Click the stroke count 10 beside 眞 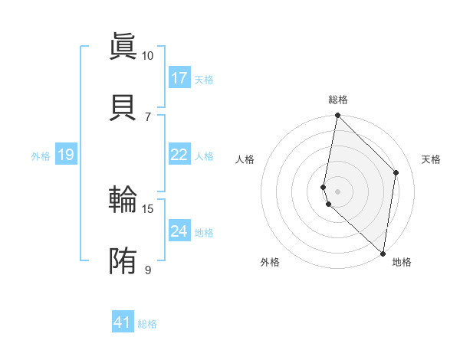tap(147, 56)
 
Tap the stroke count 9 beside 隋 tap(147, 270)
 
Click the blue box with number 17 tap(179, 78)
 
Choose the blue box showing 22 tap(179, 155)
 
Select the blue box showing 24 tap(179, 231)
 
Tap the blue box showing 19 tap(66, 155)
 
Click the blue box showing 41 tap(123, 322)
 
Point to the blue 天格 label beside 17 tap(204, 80)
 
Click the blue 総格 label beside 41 tap(147, 324)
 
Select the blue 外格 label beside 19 tap(41, 156)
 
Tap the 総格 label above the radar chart tap(338, 100)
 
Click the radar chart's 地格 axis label tap(402, 262)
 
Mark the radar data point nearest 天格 tap(396, 172)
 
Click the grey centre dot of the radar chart tap(338, 191)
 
